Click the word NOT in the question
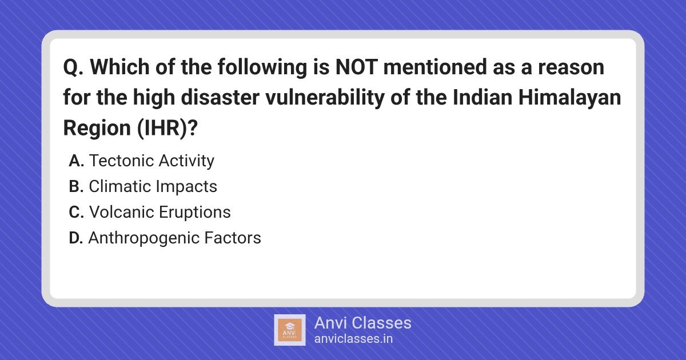pos(356,67)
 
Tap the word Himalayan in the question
pos(569,97)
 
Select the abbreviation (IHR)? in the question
pos(167,128)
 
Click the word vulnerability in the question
pos(325,97)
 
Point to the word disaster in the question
pos(220,97)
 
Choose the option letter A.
pos(77,161)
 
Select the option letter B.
pos(76,187)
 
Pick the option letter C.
pos(77,213)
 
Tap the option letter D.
pos(76,238)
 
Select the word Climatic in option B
pos(119,186)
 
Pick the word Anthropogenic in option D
pos(143,238)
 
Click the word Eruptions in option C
pos(195,213)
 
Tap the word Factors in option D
pos(233,238)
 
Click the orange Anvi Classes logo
pos(290,330)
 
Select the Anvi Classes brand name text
pos(363,323)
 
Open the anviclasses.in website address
pos(353,339)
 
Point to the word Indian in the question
pos(482,97)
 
